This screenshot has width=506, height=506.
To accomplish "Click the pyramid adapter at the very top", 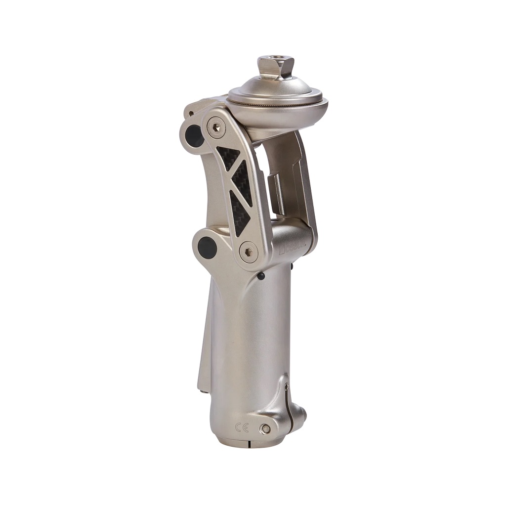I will click(275, 68).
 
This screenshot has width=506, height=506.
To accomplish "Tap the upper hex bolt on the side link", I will click(216, 128).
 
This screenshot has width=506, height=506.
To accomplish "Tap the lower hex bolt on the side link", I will click(248, 252).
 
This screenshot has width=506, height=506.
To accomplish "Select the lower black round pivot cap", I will click(207, 248).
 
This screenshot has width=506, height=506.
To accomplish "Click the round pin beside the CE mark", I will click(266, 428).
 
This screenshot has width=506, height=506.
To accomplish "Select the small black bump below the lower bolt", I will click(260, 276).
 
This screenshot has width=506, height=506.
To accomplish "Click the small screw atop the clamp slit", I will click(287, 387).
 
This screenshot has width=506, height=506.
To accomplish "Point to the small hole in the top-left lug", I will click(191, 115).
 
